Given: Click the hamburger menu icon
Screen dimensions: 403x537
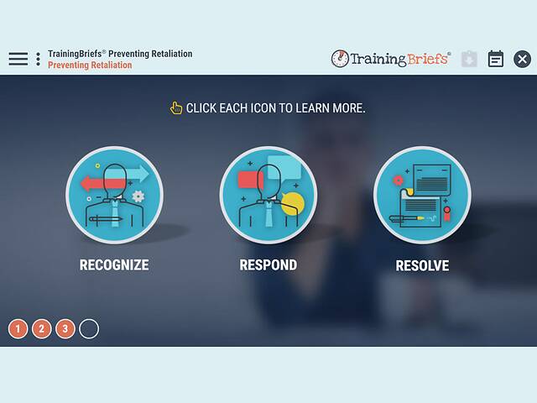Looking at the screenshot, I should [x=18, y=59].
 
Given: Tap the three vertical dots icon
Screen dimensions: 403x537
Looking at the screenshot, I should [x=38, y=59].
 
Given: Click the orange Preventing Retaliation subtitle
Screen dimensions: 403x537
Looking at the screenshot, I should [x=90, y=65].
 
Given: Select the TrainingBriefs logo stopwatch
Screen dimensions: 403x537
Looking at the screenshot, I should [x=340, y=59].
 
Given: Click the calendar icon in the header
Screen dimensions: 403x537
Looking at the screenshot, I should [x=496, y=59].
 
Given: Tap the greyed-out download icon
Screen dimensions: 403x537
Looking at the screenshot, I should [x=469, y=59].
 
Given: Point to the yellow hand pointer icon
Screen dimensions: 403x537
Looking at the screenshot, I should [x=175, y=107].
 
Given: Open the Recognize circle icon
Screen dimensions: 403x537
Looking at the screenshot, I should [x=114, y=195].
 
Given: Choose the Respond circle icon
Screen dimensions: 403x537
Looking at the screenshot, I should [x=268, y=195].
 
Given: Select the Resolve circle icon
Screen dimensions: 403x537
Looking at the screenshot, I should [x=422, y=195].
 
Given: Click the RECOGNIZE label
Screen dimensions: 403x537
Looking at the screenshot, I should [x=114, y=265].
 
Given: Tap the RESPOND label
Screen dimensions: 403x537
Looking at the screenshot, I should [x=268, y=265].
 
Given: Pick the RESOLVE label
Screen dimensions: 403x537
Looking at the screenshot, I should [x=422, y=266].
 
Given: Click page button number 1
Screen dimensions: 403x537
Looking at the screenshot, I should [x=18, y=328].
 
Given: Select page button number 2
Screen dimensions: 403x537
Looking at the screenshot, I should [x=42, y=328].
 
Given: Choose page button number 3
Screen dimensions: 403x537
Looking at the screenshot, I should [x=65, y=328].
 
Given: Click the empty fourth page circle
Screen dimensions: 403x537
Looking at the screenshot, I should [x=89, y=328].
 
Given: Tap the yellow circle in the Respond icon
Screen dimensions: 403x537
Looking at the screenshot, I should [x=293, y=201].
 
